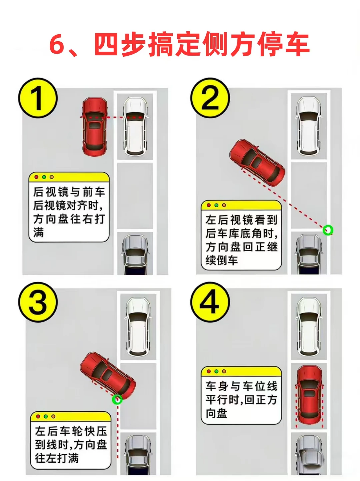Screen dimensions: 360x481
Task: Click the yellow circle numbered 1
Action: (38, 98)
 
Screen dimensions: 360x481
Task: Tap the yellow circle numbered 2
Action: (210, 98)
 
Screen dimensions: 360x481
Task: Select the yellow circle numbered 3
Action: (38, 302)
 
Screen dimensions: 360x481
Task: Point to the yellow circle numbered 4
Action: (210, 302)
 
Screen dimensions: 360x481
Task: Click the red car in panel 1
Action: (94, 127)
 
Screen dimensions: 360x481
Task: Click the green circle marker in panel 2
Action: (328, 230)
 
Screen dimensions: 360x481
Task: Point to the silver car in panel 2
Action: (309, 254)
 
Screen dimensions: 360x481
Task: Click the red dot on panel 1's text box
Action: (37, 177)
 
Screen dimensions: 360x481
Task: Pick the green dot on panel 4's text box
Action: (216, 371)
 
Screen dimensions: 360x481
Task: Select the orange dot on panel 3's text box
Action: (53, 416)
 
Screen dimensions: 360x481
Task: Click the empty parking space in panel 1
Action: (135, 196)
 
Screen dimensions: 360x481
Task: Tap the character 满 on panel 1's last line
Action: (39, 232)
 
